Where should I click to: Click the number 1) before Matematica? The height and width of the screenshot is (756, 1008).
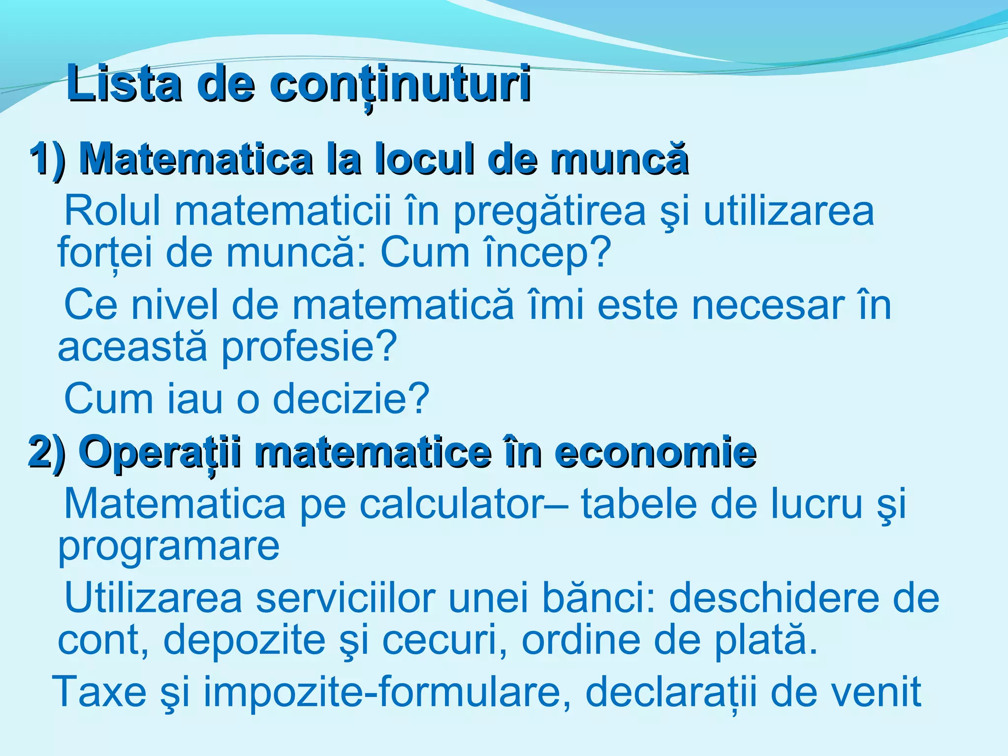pos(47,158)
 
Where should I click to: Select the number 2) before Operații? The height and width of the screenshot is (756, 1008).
pos(47,452)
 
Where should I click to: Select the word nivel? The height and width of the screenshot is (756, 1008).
pos(175,305)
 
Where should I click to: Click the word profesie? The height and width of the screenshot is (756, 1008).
pos(309,347)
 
